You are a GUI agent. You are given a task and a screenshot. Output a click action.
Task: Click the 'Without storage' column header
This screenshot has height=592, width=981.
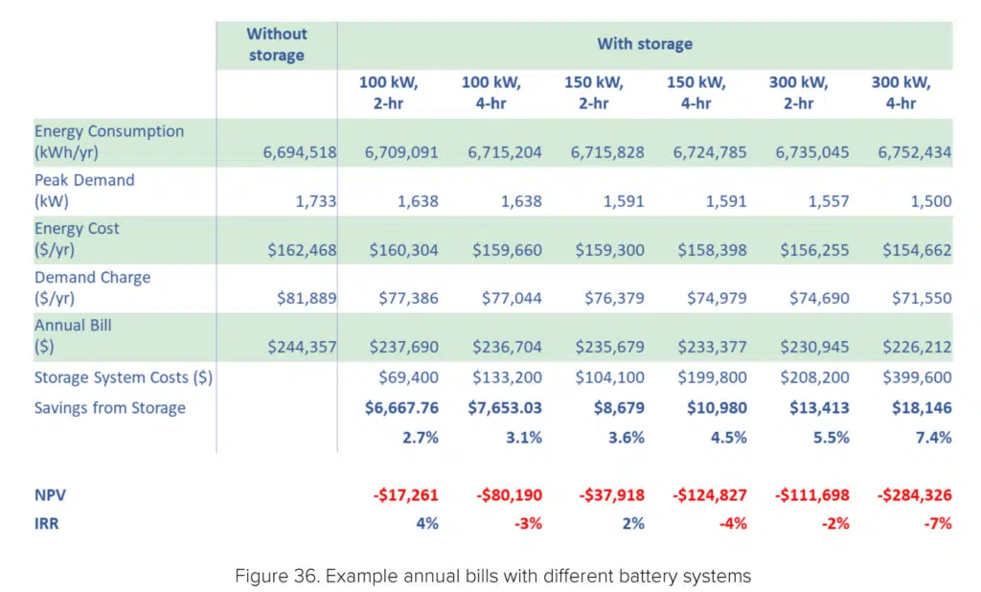pyautogui.click(x=276, y=44)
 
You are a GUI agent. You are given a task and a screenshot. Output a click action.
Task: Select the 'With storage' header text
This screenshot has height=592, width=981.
pyautogui.click(x=644, y=44)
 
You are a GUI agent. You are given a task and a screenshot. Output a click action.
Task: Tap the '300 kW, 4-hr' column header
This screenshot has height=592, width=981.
pyautogui.click(x=901, y=93)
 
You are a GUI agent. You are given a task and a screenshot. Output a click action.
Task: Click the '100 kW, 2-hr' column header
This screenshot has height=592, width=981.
pyautogui.click(x=388, y=93)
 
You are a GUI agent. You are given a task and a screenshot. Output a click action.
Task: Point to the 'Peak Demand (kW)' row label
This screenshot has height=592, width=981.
pyautogui.click(x=84, y=191)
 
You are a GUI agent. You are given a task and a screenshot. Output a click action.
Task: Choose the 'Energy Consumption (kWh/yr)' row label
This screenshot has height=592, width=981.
pyautogui.click(x=109, y=142)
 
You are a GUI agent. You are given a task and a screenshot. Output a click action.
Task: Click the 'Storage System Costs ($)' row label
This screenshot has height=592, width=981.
pyautogui.click(x=123, y=377)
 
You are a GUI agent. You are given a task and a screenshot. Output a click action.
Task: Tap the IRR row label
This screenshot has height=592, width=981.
pyautogui.click(x=47, y=523)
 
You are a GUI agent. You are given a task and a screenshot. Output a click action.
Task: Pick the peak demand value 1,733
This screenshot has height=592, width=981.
pyautogui.click(x=317, y=201)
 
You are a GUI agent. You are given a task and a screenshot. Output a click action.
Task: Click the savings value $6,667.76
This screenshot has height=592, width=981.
pyautogui.click(x=401, y=408)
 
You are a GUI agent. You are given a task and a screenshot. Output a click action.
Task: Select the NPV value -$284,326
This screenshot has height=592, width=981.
pyautogui.click(x=914, y=495)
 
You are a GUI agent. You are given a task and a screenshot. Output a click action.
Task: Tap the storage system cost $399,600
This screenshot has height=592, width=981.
pyautogui.click(x=917, y=378)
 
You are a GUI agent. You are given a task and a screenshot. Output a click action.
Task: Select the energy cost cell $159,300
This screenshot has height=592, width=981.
pyautogui.click(x=609, y=250)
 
